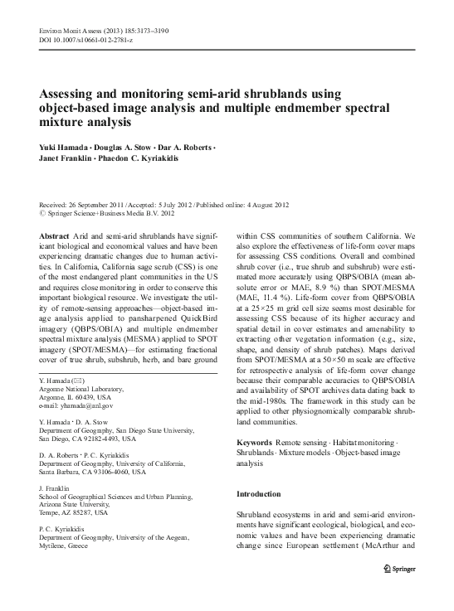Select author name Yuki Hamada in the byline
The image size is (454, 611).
click(65, 147)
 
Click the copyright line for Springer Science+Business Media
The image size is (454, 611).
click(108, 213)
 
